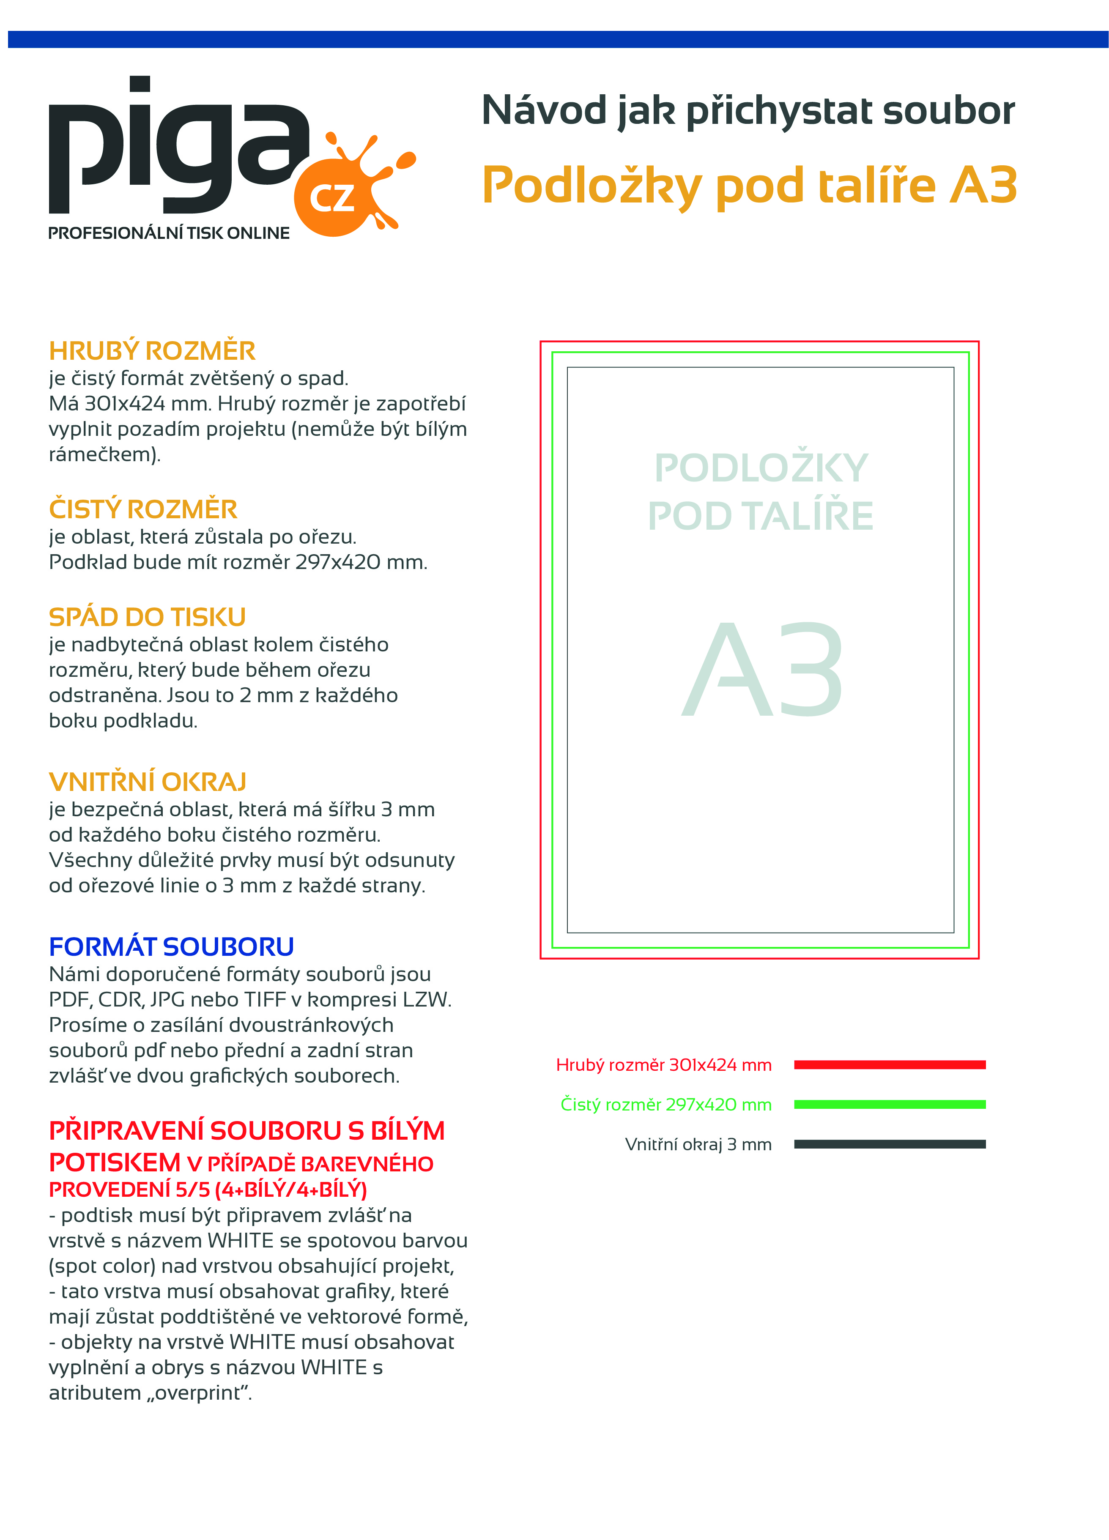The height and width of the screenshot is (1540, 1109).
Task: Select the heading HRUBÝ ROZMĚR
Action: coord(152,351)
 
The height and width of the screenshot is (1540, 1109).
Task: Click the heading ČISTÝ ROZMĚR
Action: coord(142,509)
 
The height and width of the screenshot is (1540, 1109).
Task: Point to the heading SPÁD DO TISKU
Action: coord(147,616)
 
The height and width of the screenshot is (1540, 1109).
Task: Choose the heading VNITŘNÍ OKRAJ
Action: coord(148,782)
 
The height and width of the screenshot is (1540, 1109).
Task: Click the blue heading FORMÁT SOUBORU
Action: coord(171,946)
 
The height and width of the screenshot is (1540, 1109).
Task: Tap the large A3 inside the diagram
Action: coord(762,670)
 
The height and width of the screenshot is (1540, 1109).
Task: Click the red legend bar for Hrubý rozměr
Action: coord(889,1065)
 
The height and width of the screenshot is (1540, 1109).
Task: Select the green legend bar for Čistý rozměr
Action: coord(889,1105)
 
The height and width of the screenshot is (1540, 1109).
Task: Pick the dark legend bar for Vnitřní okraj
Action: coord(889,1144)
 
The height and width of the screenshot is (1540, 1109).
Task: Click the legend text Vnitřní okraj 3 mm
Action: coord(698,1145)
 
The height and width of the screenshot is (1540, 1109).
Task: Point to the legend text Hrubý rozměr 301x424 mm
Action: coord(663,1065)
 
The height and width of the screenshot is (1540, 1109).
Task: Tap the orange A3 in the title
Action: coord(983,186)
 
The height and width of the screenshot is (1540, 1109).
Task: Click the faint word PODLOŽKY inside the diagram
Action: coord(761,468)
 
